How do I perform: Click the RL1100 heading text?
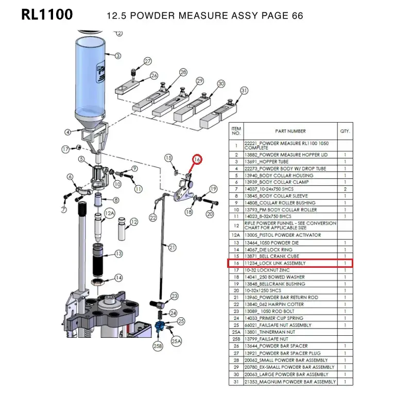pos(47,15)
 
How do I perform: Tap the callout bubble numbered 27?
pos(148,62)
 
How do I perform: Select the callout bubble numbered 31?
pos(244,91)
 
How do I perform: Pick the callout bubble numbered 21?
pos(172,248)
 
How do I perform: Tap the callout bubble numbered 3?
pos(118,56)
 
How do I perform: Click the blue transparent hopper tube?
pos(90,77)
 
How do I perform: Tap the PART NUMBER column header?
pos(290,131)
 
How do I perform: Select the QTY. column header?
pos(345,131)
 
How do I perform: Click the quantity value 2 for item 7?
pos(345,190)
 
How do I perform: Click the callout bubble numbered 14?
pos(118,278)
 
